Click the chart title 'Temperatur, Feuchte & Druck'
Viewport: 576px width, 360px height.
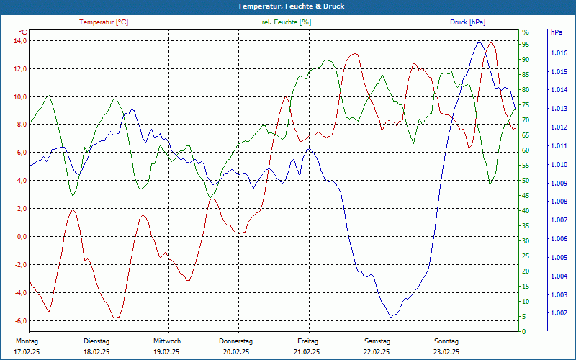pyautogui.click(x=288, y=6)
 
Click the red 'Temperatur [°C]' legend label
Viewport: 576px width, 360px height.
pyautogui.click(x=104, y=22)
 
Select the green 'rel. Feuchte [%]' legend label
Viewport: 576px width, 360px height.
pyautogui.click(x=286, y=22)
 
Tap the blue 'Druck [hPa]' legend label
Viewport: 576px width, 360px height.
pyautogui.click(x=468, y=22)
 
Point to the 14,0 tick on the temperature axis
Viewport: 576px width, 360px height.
pyautogui.click(x=20, y=41)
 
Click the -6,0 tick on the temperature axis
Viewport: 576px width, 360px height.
pyautogui.click(x=20, y=321)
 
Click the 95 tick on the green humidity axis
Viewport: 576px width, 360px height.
pyautogui.click(x=526, y=44)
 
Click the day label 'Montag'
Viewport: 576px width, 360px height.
pyautogui.click(x=26, y=341)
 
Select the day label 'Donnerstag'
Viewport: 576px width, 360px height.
pyautogui.click(x=236, y=341)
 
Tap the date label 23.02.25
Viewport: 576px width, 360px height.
pyautogui.click(x=446, y=352)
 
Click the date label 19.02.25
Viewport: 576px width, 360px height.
pyautogui.click(x=166, y=352)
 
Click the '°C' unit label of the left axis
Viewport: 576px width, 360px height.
pyautogui.click(x=23, y=32)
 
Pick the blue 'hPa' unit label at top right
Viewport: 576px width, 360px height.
pyautogui.click(x=557, y=32)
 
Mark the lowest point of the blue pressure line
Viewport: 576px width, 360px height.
pyautogui.click(x=391, y=318)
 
